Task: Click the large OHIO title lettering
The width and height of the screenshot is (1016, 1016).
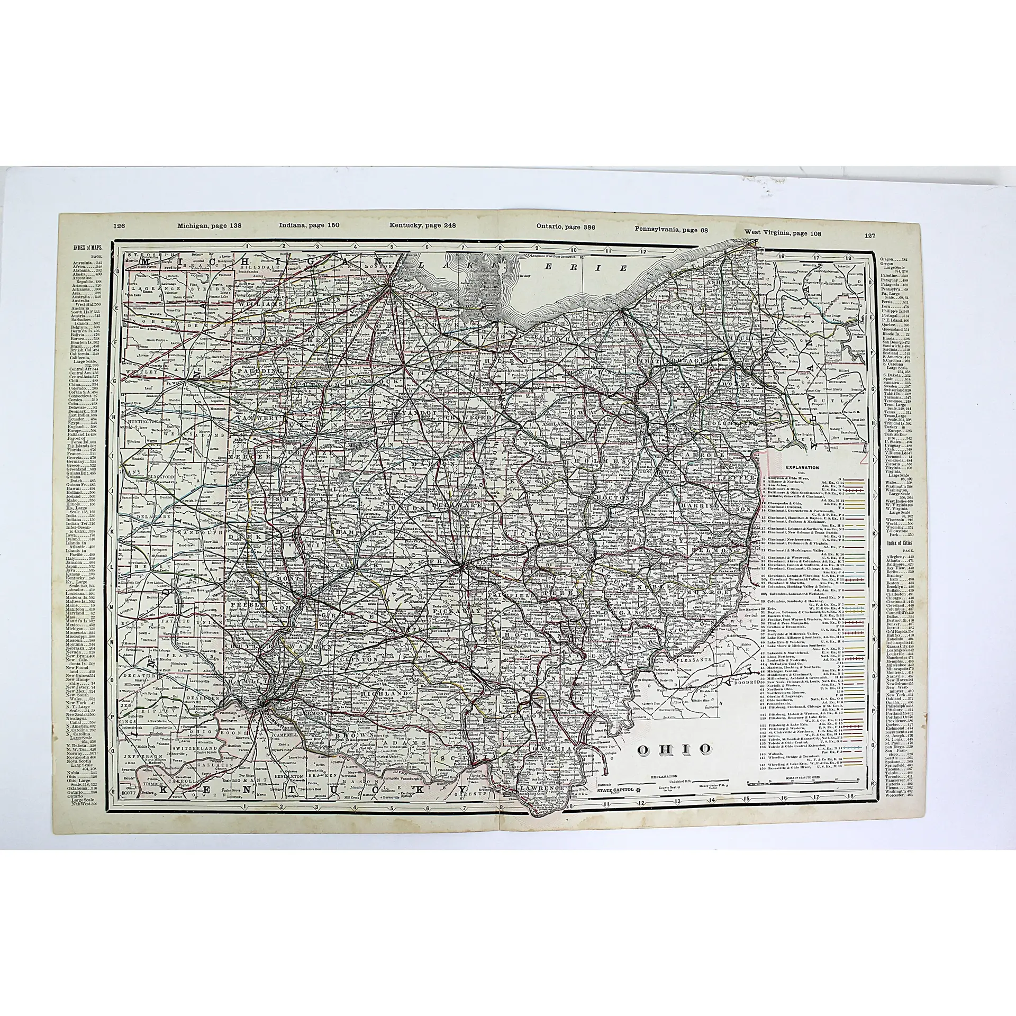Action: [x=673, y=749]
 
